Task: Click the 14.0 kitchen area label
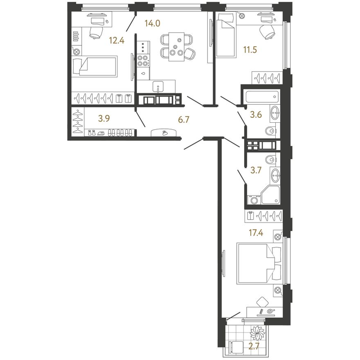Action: (152, 23)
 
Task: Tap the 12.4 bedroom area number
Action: (117, 40)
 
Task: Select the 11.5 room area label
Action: (250, 49)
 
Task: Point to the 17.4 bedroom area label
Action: (256, 233)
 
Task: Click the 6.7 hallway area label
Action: (184, 119)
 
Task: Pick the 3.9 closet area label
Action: (104, 119)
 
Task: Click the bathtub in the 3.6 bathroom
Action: (262, 97)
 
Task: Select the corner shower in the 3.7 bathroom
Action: (271, 195)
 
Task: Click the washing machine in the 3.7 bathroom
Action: (254, 200)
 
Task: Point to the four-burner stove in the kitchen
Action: (143, 61)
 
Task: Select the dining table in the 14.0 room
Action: (176, 47)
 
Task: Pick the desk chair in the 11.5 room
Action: (267, 32)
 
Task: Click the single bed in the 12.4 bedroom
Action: (94, 66)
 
